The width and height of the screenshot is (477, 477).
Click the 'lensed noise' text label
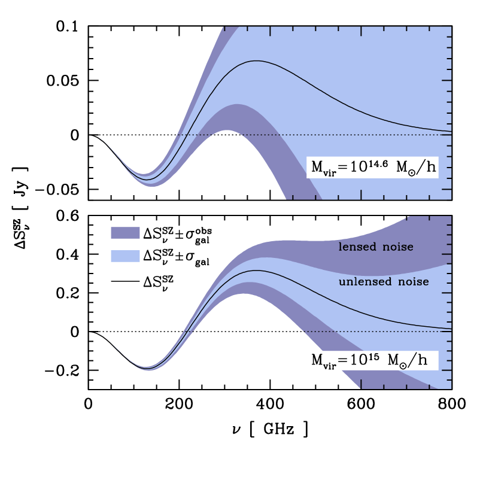tap(376, 247)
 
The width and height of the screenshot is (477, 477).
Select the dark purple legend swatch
tap(125, 233)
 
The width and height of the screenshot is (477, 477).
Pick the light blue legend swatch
tap(125, 256)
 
